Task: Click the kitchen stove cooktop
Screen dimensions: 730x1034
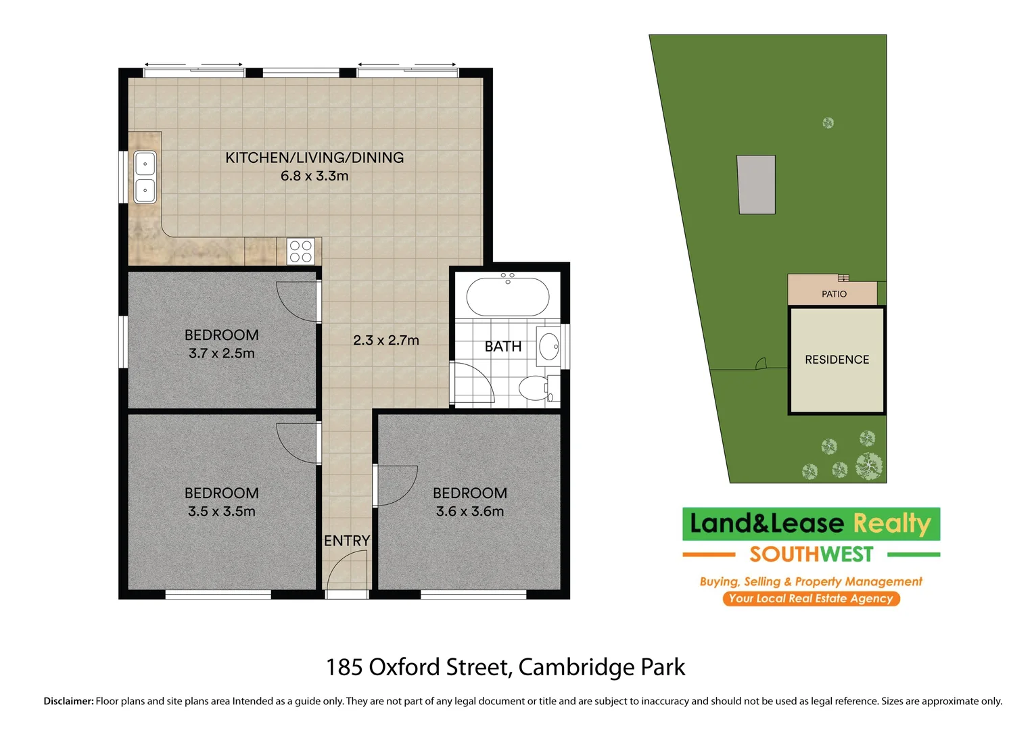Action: [300, 251]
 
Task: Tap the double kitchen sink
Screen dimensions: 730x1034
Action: [145, 177]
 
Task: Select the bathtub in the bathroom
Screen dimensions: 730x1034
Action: [508, 296]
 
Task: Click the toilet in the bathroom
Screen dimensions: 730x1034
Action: [534, 388]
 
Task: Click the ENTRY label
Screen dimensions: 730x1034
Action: [347, 541]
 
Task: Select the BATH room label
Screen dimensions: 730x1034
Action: [503, 347]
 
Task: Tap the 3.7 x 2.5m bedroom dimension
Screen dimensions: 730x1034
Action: [222, 354]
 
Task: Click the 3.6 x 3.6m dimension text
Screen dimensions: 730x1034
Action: [470, 512]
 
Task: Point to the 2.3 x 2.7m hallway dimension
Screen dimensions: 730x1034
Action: [386, 341]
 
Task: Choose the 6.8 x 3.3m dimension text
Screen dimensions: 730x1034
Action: [314, 176]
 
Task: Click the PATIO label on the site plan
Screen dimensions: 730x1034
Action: [834, 294]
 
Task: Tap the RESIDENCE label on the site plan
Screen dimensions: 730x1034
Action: [837, 360]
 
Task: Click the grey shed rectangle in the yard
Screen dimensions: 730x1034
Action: [756, 185]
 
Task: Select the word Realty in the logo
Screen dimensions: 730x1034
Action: [892, 524]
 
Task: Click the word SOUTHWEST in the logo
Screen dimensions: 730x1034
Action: [811, 555]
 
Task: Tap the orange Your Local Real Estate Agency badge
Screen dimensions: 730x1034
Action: [811, 599]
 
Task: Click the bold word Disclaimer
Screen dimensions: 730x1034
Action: [68, 702]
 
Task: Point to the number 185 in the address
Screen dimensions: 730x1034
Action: [345, 668]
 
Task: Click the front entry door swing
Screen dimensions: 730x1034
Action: [348, 569]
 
